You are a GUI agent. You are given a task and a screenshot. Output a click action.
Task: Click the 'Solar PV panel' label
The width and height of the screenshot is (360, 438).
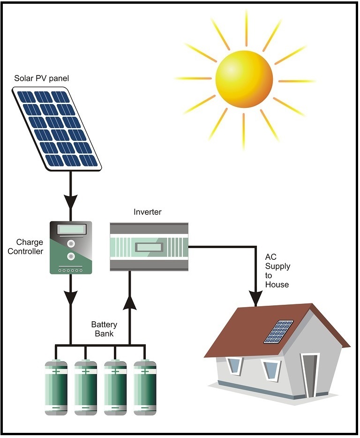click(x=41, y=78)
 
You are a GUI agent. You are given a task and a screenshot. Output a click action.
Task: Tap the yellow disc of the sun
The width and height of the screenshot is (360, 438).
click(x=244, y=79)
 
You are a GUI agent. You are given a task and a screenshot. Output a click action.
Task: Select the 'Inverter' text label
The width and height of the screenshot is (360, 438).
click(x=147, y=212)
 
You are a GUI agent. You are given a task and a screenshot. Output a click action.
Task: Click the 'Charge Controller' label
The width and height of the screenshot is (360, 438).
click(x=30, y=247)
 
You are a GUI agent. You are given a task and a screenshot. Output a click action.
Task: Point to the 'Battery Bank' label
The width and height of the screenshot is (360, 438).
click(x=104, y=329)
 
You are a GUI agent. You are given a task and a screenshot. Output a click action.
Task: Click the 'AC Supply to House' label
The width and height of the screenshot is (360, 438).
click(x=277, y=271)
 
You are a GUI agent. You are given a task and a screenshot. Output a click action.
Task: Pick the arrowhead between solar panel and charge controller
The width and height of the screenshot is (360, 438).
click(x=71, y=201)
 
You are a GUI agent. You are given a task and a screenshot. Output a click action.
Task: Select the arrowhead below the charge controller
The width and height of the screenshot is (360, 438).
click(x=71, y=297)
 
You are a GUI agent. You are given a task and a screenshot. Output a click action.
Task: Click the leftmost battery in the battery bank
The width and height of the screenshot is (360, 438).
click(x=56, y=387)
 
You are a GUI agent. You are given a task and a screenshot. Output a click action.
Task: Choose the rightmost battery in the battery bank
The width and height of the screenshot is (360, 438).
click(x=145, y=387)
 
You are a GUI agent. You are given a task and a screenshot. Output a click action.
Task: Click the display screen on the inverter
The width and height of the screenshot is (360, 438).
click(x=149, y=247)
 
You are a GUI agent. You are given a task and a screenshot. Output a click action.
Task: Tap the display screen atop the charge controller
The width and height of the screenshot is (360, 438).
click(x=71, y=230)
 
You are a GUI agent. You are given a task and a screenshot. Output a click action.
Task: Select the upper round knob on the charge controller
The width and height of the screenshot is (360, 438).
click(x=71, y=244)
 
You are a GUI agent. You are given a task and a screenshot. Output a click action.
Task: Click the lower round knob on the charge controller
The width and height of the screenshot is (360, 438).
click(x=71, y=257)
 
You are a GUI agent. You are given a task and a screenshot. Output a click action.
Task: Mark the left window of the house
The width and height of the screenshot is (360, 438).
click(x=234, y=365)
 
